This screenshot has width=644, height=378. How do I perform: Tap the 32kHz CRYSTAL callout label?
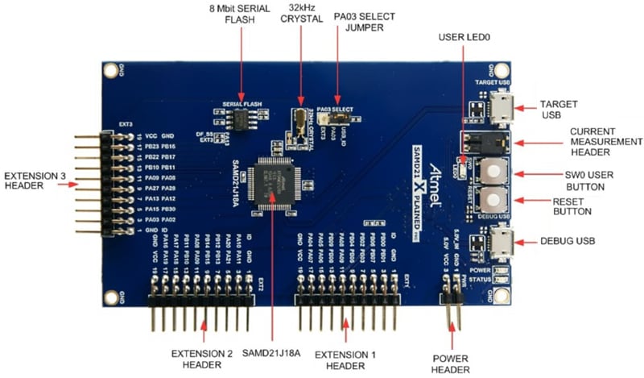(300, 15)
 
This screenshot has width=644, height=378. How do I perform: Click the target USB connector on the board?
(499, 107)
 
